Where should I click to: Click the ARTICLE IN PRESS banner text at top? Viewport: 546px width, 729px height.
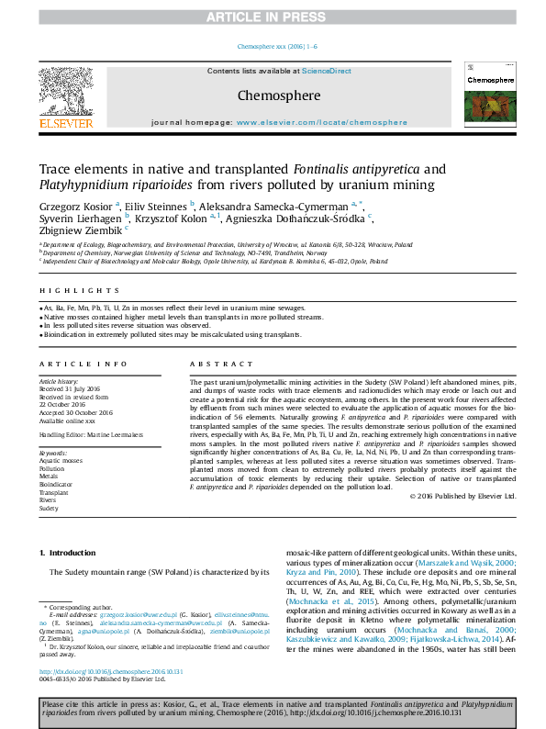tap(273, 17)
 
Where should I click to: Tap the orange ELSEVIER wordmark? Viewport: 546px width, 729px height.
tap(65, 123)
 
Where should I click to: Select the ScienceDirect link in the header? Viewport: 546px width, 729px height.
tap(327, 71)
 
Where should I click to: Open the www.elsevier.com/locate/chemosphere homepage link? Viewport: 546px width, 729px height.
tap(321, 122)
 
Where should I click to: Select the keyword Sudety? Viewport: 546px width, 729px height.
tap(50, 508)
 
